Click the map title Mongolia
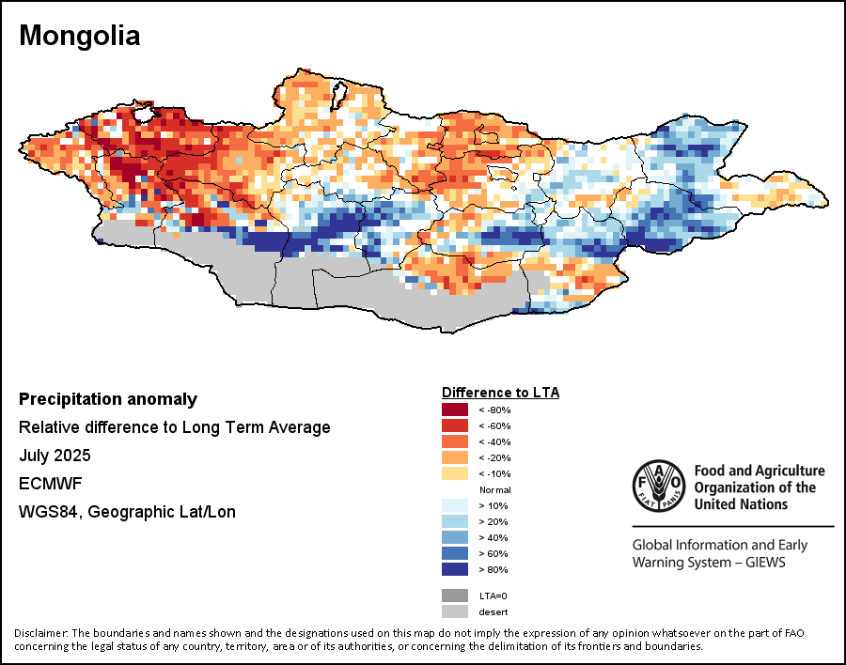click(x=80, y=36)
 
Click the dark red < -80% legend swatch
click(x=454, y=410)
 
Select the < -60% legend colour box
click(x=454, y=425)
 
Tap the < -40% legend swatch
click(x=454, y=441)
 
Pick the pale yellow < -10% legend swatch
click(x=454, y=473)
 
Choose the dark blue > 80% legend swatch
click(x=454, y=569)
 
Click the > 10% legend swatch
click(x=454, y=505)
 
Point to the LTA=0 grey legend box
click(x=454, y=595)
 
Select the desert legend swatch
click(x=454, y=611)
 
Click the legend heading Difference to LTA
click(x=500, y=392)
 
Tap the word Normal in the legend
click(x=493, y=490)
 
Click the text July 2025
click(x=55, y=456)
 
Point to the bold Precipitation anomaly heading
click(x=108, y=399)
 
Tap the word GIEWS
click(x=762, y=563)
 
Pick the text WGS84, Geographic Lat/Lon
click(x=127, y=512)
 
